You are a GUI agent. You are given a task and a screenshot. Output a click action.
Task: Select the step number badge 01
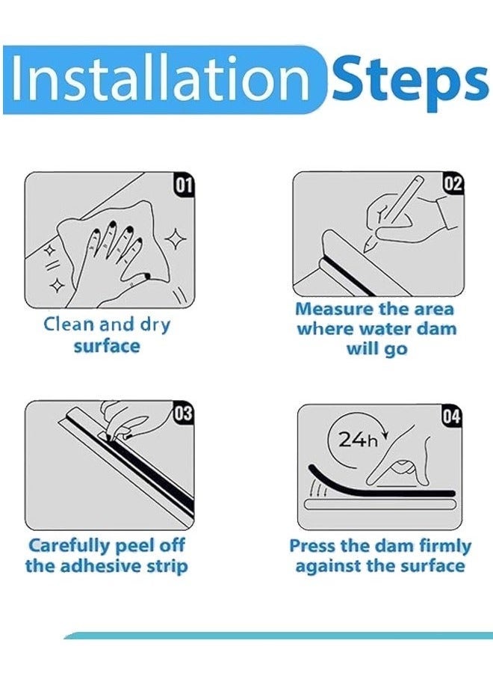(x=184, y=185)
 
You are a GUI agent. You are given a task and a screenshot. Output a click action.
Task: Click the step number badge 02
(x=453, y=183)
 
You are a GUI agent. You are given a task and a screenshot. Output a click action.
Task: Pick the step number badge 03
(x=183, y=414)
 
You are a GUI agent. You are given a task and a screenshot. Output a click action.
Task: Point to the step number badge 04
(x=451, y=417)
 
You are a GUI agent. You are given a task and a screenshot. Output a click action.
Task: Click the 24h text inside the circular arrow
(x=358, y=440)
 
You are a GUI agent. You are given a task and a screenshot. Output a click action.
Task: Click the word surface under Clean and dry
(x=107, y=346)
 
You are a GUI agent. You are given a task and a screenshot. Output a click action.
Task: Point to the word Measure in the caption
(x=334, y=309)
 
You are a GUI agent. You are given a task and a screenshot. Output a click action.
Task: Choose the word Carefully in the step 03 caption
(x=69, y=547)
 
